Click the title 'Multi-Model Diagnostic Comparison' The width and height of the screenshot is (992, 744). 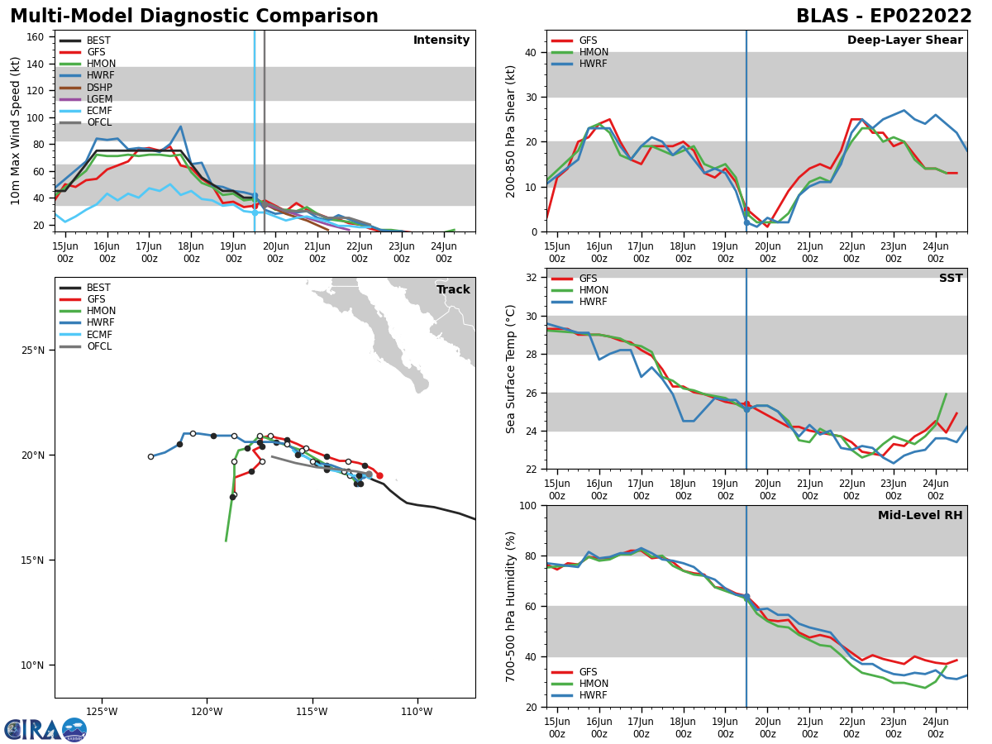tap(194, 17)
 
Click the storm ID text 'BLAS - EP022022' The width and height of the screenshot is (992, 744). tap(884, 17)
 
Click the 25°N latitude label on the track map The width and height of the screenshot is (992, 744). tap(33, 351)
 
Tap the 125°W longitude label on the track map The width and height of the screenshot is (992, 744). tap(102, 711)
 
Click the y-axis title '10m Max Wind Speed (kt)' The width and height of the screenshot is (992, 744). tap(16, 131)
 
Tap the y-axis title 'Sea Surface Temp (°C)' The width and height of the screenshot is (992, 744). tap(511, 369)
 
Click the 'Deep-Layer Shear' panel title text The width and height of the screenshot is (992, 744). tap(904, 41)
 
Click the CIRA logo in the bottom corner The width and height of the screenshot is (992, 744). tap(45, 729)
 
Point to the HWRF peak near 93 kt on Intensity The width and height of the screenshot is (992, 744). tap(180, 126)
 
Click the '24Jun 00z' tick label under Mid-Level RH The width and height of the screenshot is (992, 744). tap(935, 727)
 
